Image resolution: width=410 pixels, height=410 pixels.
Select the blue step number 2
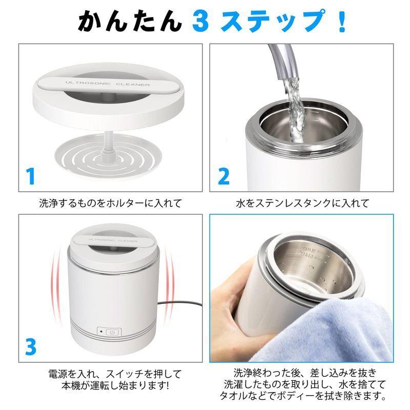point(223,176)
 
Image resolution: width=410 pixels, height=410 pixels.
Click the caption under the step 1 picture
point(111,203)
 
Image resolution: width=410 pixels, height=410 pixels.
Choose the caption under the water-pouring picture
point(302,203)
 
